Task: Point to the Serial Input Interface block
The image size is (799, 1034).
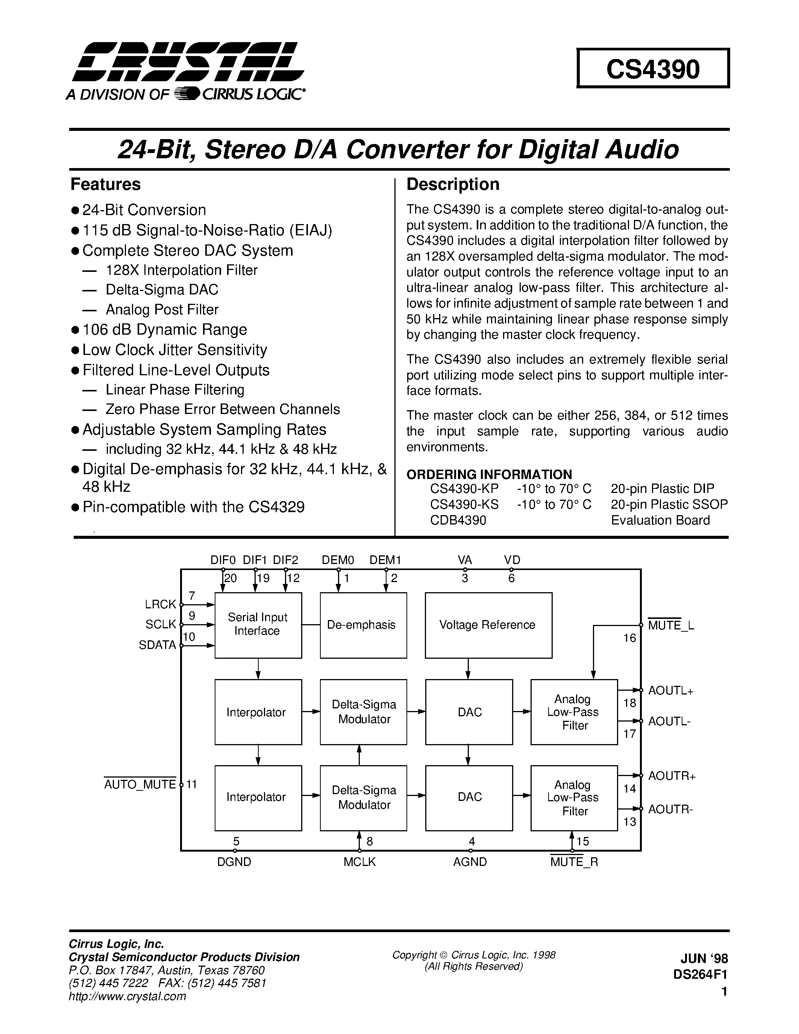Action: pos(258,625)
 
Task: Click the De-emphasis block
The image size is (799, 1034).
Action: pos(363,625)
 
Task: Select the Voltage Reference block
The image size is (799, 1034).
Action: pos(488,625)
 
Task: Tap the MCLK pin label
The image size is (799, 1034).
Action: pos(359,862)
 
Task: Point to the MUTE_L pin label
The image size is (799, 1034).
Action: pos(671,625)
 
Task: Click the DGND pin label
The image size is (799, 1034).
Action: pos(234,862)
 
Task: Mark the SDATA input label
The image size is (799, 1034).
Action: pos(157,645)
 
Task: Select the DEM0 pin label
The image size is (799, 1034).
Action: pos(338,560)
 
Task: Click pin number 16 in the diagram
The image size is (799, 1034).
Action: pos(629,638)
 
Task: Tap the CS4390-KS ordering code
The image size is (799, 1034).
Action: pos(464,504)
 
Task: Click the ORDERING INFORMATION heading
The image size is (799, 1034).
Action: pos(489,475)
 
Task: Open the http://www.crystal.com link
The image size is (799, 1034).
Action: pos(127,996)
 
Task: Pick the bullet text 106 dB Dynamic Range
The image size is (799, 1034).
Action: pos(164,329)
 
